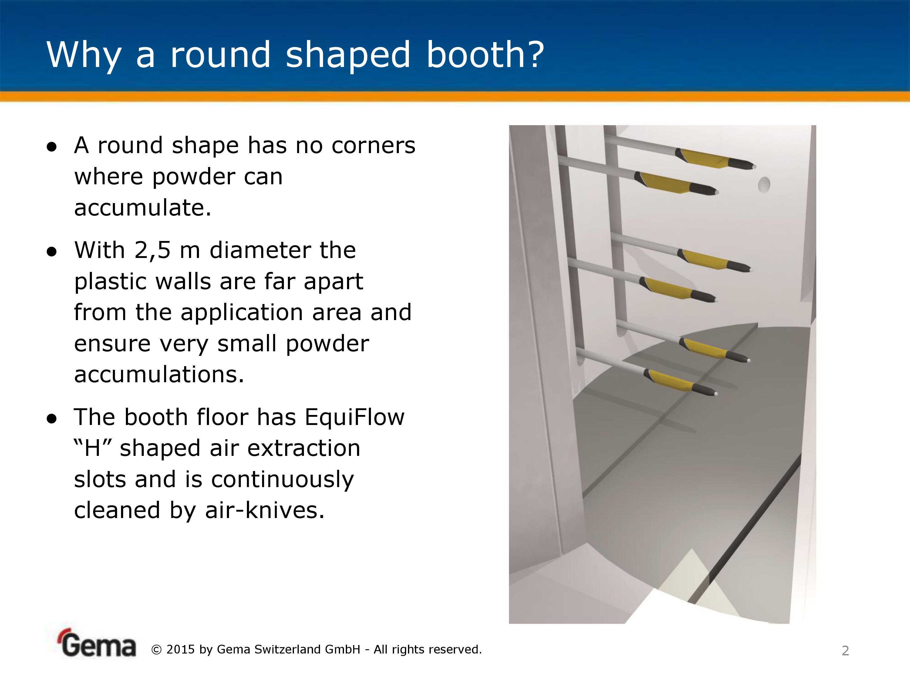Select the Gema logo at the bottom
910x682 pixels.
97,644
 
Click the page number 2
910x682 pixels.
845,651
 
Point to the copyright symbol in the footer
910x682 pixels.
157,650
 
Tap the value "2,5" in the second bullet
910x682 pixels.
152,250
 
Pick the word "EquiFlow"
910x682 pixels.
355,418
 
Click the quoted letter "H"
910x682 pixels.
93,448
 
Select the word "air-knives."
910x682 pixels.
265,510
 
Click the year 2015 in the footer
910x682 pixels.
180,650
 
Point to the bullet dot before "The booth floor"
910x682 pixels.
52,419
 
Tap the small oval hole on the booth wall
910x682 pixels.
764,185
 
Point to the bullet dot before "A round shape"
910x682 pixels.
52,147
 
